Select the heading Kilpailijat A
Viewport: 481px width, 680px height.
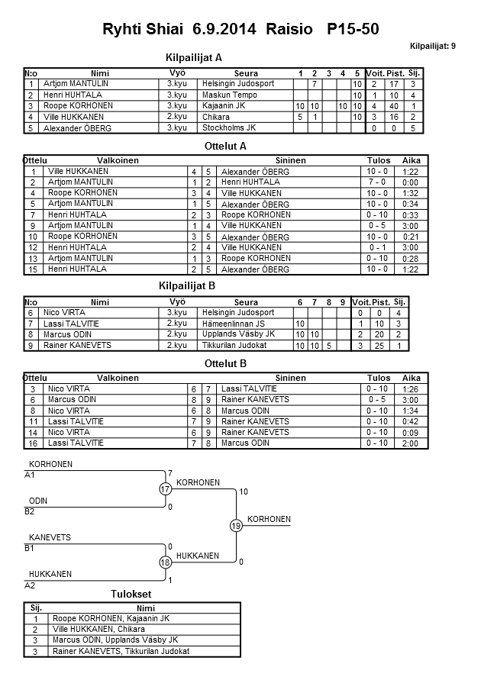point(194,57)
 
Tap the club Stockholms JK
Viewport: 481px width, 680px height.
point(229,127)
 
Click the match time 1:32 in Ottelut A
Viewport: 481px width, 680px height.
point(411,194)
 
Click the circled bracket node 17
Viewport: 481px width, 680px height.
point(165,489)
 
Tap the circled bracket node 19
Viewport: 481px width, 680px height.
point(236,526)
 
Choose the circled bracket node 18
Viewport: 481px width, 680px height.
point(165,562)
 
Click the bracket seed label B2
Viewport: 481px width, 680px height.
point(30,511)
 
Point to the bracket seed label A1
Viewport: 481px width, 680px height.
point(30,475)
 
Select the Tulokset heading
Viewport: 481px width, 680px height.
point(131,595)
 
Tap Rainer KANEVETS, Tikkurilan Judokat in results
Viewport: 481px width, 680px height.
point(120,651)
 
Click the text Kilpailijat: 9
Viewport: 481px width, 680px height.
point(433,47)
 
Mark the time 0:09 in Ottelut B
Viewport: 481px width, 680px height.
point(411,432)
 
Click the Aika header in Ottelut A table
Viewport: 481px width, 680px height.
point(412,161)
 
